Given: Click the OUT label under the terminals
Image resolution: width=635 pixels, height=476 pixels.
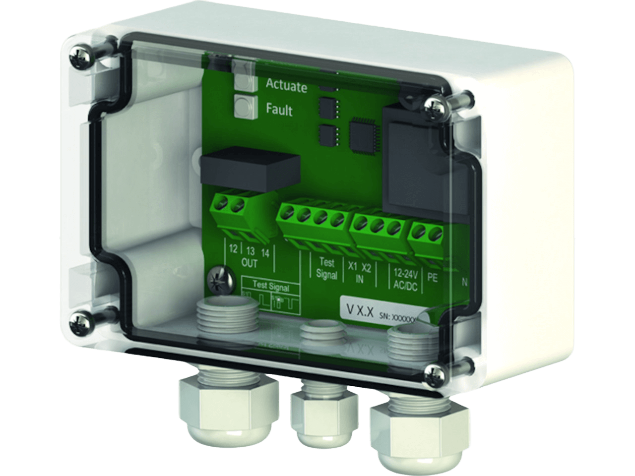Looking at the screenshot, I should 250,263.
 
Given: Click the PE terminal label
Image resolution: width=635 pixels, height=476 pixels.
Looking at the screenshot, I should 432,278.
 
